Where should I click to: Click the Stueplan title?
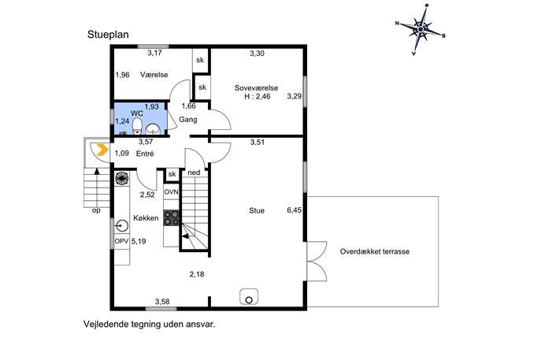108,35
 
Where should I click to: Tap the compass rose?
421,30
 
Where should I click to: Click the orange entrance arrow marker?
102,150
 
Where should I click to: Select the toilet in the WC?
137,126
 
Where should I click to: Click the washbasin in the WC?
153,129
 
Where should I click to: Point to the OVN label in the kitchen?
171,192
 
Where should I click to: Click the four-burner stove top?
172,217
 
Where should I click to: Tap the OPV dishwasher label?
121,241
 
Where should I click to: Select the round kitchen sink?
122,226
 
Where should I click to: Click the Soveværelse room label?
256,88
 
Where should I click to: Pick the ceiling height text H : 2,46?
258,97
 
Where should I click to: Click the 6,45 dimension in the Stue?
295,210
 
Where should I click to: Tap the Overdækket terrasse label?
375,251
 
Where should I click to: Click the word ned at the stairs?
194,173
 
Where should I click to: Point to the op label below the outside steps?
96,210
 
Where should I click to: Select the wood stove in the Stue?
249,297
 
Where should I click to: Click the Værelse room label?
154,75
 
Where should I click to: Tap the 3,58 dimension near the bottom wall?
162,302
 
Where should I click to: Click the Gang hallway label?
188,120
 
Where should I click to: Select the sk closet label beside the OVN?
172,174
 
